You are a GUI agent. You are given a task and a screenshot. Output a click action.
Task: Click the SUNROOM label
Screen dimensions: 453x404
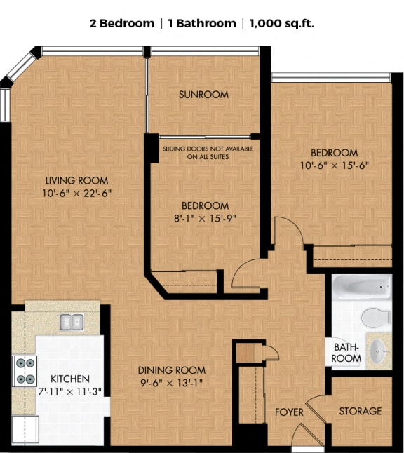click(x=203, y=95)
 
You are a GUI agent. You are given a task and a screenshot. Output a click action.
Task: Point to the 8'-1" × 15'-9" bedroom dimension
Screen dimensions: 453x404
click(x=205, y=219)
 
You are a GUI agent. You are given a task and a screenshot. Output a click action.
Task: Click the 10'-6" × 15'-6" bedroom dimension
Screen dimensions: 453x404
click(x=334, y=165)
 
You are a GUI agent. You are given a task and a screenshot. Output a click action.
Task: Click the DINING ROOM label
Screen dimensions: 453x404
click(x=171, y=370)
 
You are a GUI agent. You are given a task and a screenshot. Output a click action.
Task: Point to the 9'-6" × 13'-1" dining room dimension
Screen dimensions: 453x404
click(x=171, y=383)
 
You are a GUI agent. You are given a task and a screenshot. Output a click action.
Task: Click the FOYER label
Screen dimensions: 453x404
click(x=288, y=412)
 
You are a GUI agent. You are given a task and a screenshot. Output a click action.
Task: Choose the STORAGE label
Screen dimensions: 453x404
click(x=361, y=411)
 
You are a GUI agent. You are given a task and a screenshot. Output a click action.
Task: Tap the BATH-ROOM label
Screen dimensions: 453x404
click(x=347, y=353)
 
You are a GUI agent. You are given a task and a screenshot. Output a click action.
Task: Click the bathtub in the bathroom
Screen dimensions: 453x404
click(x=361, y=288)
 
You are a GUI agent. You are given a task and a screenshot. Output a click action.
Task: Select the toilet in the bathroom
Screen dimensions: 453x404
click(x=377, y=317)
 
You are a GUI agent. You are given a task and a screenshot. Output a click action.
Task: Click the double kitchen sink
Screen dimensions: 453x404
click(x=71, y=322)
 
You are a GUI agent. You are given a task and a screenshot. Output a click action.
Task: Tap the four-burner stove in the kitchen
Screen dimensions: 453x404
click(x=25, y=371)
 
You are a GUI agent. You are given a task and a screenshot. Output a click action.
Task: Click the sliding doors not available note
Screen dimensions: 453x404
click(x=208, y=153)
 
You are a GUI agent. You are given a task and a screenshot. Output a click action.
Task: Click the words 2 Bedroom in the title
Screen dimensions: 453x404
click(x=121, y=23)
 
